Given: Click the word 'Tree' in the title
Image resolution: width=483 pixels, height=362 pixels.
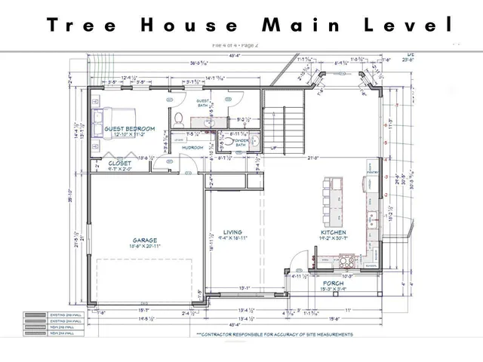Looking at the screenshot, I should (81, 24).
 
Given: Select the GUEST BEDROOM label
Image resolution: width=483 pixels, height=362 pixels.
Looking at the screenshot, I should (129, 129).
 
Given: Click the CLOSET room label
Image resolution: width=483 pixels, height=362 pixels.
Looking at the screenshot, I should (119, 162).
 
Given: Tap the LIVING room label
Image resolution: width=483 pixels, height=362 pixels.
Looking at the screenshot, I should (233, 232).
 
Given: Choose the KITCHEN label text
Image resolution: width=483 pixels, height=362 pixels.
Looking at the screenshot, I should (333, 233).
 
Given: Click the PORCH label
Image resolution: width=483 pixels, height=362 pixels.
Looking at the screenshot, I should (334, 284).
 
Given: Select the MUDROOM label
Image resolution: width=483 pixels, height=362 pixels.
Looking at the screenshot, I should (192, 147).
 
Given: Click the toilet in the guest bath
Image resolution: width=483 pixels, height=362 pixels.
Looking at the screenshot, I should (179, 118).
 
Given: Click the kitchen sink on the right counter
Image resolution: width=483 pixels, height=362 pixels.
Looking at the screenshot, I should (372, 220).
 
